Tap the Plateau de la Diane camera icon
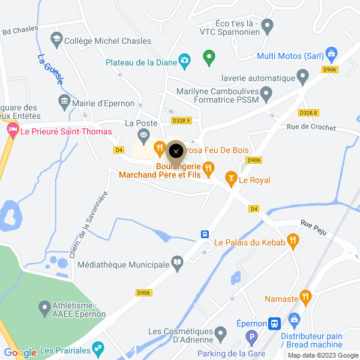(x=184, y=61)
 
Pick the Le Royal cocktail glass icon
(x=230, y=178)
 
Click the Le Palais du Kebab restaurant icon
(x=293, y=241)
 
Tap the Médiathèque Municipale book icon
(x=177, y=263)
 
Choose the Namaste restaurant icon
(x=306, y=297)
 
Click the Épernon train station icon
(x=275, y=323)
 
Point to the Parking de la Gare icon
(x=252, y=338)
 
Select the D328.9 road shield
(x=181, y=121)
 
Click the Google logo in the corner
(x=20, y=353)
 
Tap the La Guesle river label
(x=50, y=71)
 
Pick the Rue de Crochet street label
(x=311, y=126)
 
